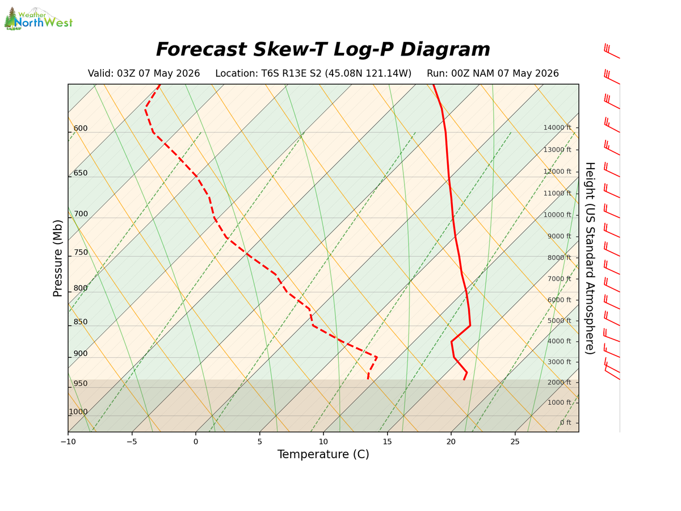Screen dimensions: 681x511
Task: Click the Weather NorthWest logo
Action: coord(38,19)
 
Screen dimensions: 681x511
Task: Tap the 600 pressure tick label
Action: coord(81,128)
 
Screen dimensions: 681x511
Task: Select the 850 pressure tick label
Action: coord(81,322)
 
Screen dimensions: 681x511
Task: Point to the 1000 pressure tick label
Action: coord(78,412)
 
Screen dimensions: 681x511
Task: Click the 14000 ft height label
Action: coord(557,128)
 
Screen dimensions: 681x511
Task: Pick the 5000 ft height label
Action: coord(559,320)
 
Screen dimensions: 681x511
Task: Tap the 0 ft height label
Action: coord(565,422)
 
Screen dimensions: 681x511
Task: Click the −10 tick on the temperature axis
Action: coord(68,442)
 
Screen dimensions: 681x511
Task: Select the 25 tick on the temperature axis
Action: coord(515,442)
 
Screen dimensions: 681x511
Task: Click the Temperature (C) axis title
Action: coord(323,454)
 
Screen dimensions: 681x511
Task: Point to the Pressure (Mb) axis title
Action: coord(57,258)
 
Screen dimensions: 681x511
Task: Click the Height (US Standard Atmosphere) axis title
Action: coord(590,258)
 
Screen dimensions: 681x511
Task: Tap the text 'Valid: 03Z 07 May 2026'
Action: coord(144,74)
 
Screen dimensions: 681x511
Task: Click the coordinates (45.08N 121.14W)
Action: coord(368,74)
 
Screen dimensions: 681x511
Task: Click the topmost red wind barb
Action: coord(612,51)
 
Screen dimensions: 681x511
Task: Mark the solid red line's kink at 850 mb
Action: coord(470,326)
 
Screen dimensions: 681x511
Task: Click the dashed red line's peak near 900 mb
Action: coord(377,357)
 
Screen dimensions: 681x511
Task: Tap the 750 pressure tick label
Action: coord(81,252)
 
